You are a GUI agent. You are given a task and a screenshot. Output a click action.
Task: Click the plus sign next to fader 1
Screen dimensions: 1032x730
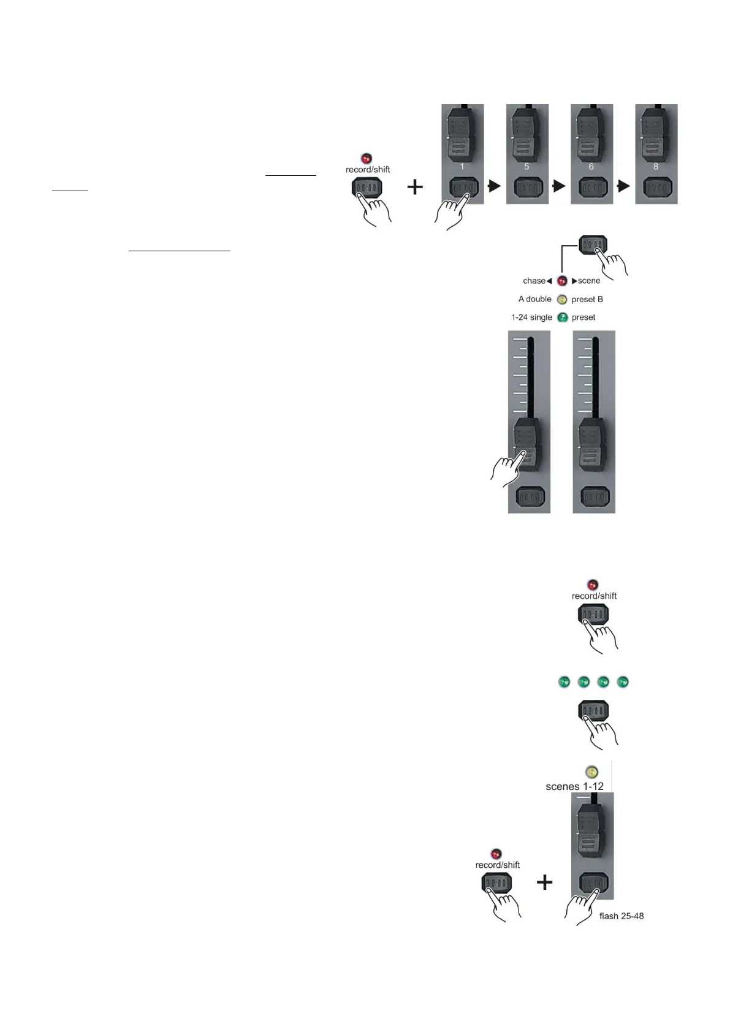pyautogui.click(x=415, y=186)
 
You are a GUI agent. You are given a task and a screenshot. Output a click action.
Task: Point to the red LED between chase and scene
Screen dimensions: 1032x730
pyautogui.click(x=562, y=281)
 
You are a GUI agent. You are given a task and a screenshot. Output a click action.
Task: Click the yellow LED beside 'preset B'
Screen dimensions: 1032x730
pyautogui.click(x=562, y=300)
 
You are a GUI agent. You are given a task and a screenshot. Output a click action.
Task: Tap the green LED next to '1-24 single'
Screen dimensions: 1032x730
pyautogui.click(x=562, y=317)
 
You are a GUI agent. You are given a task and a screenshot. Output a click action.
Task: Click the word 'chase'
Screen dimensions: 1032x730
pyautogui.click(x=534, y=281)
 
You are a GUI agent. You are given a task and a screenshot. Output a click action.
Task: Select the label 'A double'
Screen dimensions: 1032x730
pyautogui.click(x=534, y=299)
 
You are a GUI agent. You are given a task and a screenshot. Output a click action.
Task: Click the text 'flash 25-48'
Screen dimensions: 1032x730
pyautogui.click(x=621, y=916)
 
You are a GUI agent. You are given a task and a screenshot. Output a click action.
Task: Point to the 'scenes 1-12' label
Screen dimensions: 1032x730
pyautogui.click(x=574, y=786)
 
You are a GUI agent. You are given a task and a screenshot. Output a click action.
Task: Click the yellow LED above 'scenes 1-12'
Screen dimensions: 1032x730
pyautogui.click(x=591, y=772)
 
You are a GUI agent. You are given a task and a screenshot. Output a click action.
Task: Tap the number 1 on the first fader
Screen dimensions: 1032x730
pyautogui.click(x=462, y=166)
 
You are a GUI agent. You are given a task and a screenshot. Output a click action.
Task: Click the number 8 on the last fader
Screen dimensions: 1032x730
pyautogui.click(x=656, y=166)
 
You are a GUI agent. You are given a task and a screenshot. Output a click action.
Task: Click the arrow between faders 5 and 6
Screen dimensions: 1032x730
pyautogui.click(x=559, y=186)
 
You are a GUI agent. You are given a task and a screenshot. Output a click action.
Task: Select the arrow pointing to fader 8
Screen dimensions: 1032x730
pyautogui.click(x=624, y=186)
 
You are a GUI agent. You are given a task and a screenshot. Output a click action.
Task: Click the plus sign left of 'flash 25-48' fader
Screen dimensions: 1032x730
pyautogui.click(x=544, y=882)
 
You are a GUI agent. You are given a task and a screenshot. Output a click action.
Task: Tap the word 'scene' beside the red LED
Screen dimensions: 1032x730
pyautogui.click(x=588, y=281)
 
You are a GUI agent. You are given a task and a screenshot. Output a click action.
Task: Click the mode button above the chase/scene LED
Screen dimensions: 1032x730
pyautogui.click(x=593, y=245)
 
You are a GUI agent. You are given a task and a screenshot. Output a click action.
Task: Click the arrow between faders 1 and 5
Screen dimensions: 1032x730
pyautogui.click(x=495, y=186)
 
